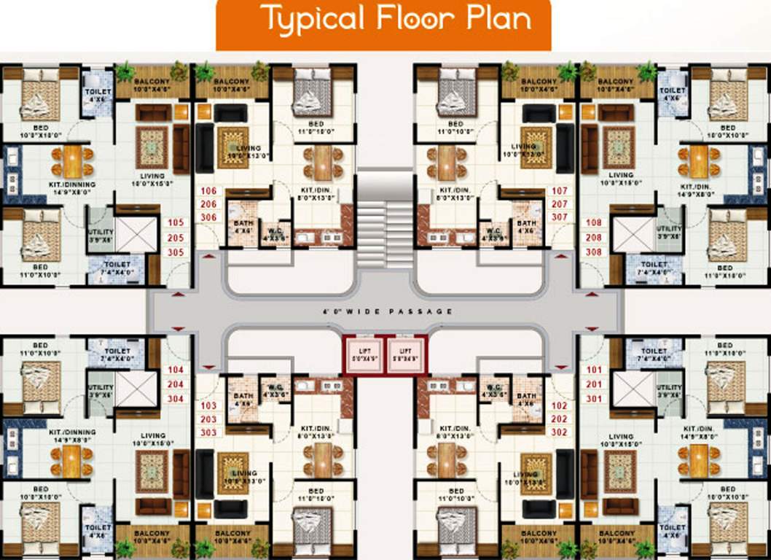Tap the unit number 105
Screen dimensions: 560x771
click(x=176, y=223)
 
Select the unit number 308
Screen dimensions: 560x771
click(x=594, y=252)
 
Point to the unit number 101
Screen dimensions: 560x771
click(x=594, y=370)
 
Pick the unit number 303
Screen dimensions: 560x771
click(x=208, y=433)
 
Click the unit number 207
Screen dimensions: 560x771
click(x=560, y=204)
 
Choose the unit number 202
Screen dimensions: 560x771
click(x=560, y=419)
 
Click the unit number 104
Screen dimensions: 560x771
click(x=176, y=370)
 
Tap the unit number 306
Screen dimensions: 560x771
click(x=208, y=218)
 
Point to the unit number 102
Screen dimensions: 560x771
click(x=560, y=405)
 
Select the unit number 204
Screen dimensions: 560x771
click(x=176, y=384)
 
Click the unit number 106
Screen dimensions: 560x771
click(x=208, y=191)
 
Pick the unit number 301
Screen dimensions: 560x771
click(x=594, y=398)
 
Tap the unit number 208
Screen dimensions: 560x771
click(x=594, y=238)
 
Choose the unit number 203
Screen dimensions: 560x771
click(x=208, y=419)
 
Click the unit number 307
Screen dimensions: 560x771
click(x=560, y=217)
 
